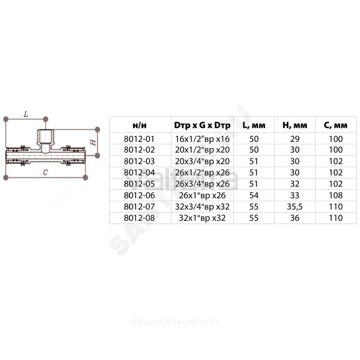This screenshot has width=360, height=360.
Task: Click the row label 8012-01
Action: click(139, 139)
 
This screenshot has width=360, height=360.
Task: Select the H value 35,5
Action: click(294, 207)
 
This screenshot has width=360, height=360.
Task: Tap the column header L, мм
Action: click(254, 125)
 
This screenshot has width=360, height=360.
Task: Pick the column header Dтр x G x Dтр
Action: click(202, 125)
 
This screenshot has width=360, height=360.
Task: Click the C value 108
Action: click(336, 195)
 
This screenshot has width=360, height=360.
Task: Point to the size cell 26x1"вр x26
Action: click(202, 195)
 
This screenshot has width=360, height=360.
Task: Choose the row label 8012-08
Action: click(139, 218)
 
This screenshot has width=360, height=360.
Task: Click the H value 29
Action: click(294, 139)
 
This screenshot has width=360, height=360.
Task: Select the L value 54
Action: click(254, 195)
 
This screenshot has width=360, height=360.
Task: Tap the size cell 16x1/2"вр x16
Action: click(202, 139)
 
